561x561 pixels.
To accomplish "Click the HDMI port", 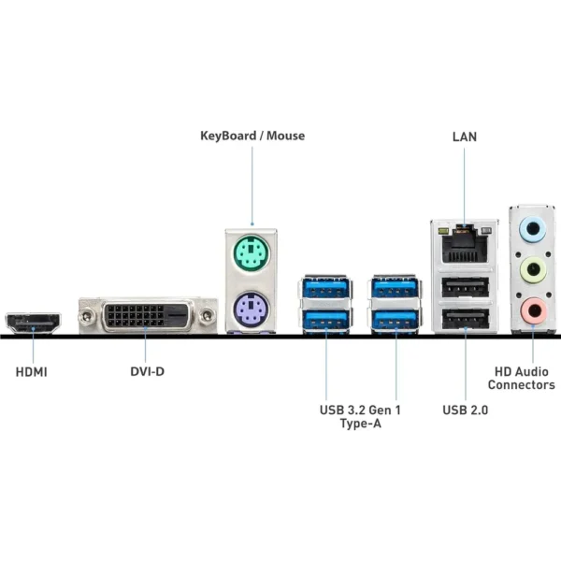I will point(34,324).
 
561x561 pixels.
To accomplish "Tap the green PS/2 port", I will point(251,251).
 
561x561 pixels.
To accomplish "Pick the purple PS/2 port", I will point(251,307).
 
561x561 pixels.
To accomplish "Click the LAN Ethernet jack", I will point(463,242).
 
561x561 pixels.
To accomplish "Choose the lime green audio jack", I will point(531,269).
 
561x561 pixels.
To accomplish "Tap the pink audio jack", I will point(531,309).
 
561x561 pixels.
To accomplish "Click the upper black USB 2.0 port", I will point(463,285).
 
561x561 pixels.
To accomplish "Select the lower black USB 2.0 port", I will point(463,320).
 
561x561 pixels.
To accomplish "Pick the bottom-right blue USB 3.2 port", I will point(396,321).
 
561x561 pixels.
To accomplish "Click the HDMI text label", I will point(32,372).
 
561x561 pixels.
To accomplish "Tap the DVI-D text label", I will point(147,372).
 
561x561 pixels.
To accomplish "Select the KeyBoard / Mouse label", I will point(252,136).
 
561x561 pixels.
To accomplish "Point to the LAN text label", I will point(465,136).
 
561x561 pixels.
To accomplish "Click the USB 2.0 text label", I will point(465,410).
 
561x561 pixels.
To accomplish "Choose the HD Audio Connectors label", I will point(521,378).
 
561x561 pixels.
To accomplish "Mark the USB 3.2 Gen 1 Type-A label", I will point(360,416).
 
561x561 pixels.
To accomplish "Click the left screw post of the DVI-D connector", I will point(89,315).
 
